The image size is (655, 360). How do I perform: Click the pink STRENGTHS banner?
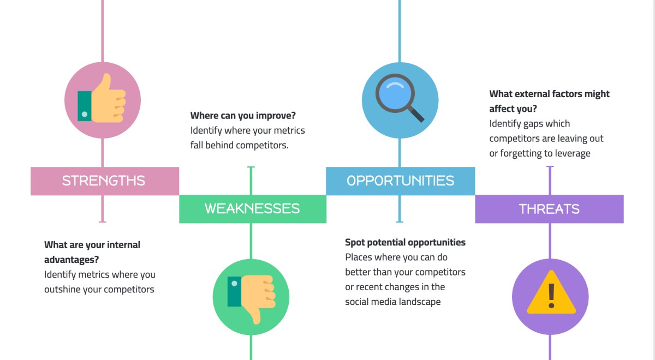[x=104, y=181]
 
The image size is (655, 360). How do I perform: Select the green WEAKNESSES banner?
[x=252, y=209]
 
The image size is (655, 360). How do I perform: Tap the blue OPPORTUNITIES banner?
[x=400, y=181]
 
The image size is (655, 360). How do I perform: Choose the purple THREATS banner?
[x=549, y=209]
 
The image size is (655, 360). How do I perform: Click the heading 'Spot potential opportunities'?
[x=405, y=242]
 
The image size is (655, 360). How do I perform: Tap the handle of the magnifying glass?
[x=416, y=114]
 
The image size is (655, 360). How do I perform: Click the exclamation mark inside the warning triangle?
[x=551, y=295]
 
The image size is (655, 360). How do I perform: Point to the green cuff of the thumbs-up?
[x=85, y=105]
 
